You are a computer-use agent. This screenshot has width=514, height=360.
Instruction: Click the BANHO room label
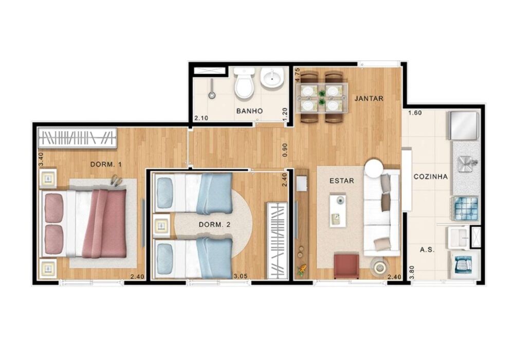[x=250, y=111]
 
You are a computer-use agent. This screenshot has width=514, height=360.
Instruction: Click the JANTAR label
[x=369, y=99]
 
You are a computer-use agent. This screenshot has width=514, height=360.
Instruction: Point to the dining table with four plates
[x=321, y=97]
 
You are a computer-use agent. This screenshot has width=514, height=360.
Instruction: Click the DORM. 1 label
[x=106, y=165]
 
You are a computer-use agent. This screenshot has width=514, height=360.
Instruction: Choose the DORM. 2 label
[x=213, y=225]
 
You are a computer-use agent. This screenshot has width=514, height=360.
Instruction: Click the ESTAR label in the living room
[x=342, y=181]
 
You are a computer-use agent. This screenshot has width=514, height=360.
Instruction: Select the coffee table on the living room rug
[x=338, y=209]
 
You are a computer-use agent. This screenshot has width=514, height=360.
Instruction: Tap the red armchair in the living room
[x=346, y=265]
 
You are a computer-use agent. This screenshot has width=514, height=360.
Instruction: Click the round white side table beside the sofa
[x=374, y=168]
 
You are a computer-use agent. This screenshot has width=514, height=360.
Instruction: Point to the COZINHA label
[x=430, y=176]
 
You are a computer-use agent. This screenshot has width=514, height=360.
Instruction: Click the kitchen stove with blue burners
[x=465, y=208]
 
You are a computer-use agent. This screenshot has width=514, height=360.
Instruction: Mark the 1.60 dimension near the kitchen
[x=415, y=113]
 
